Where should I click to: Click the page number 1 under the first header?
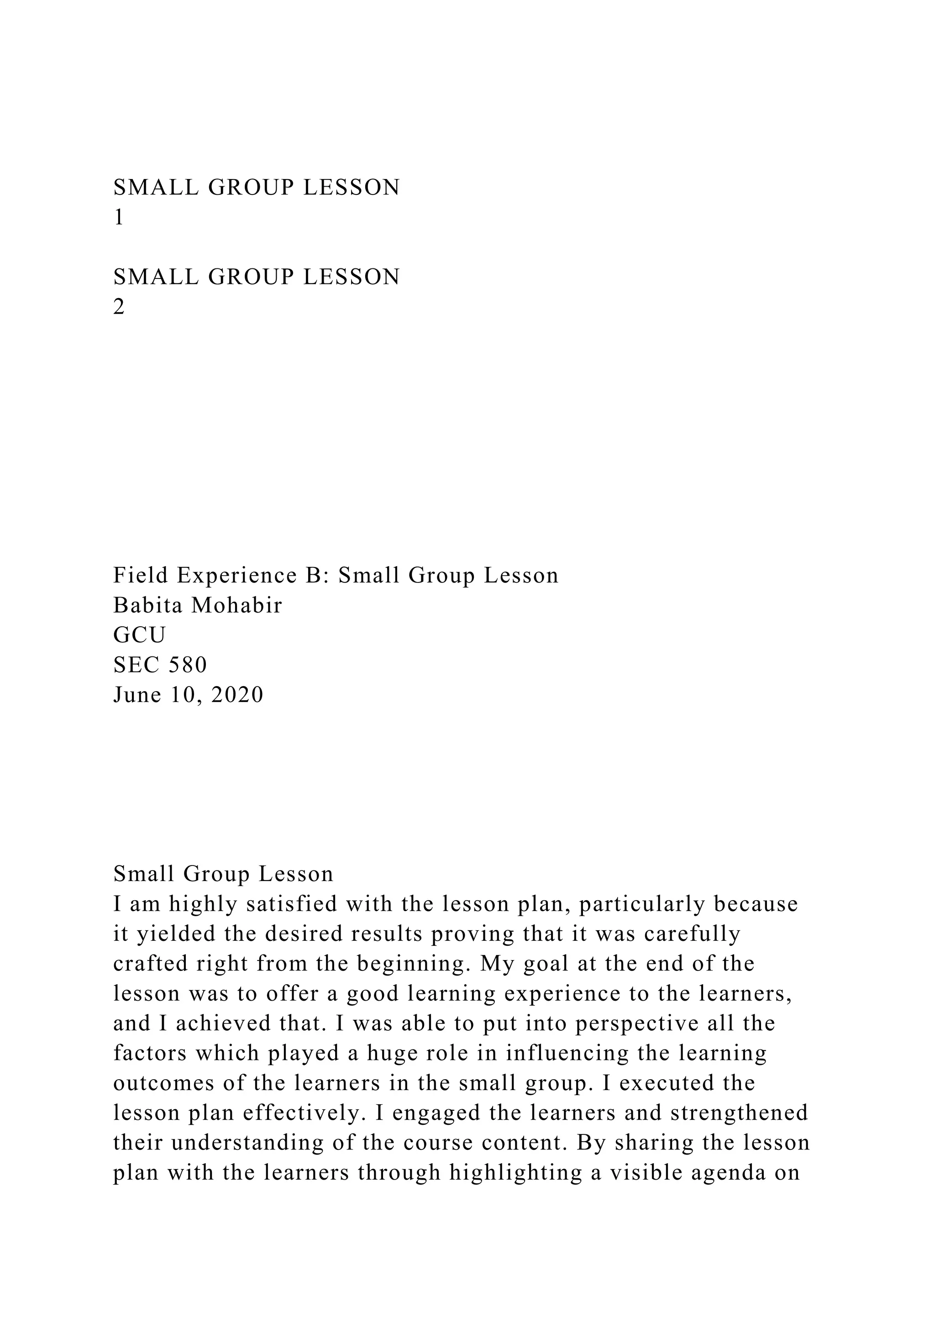(119, 218)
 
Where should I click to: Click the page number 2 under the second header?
(119, 307)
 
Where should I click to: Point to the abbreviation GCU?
(139, 635)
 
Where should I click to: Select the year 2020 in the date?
(237, 695)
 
